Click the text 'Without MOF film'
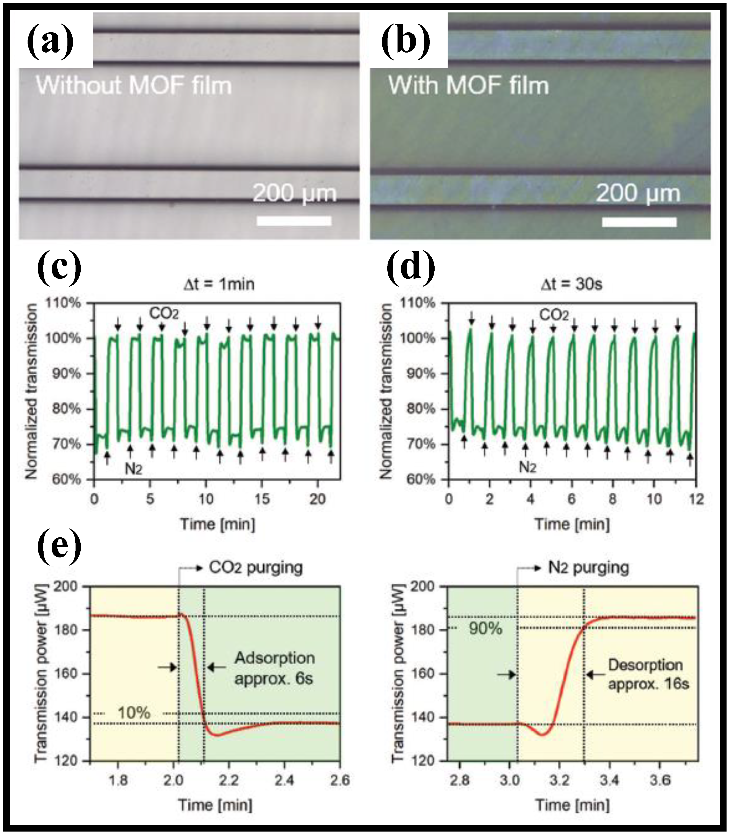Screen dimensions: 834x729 134,86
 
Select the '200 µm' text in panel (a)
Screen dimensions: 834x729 295,193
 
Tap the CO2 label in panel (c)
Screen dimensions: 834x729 164,314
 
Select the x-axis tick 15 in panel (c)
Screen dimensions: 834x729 262,499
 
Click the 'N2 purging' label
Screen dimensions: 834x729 588,567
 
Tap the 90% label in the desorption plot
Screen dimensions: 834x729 485,629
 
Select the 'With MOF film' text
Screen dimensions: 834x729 468,86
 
